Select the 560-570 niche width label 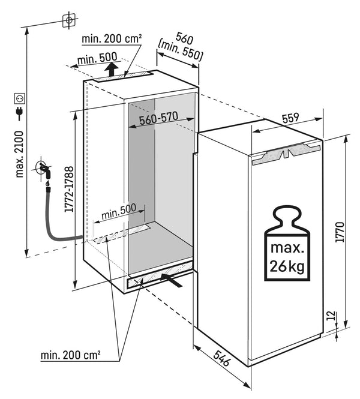point(159,119)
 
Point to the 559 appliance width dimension point(290,119)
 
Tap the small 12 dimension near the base point(340,316)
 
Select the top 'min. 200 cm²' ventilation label point(112,38)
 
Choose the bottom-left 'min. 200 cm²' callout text point(71,355)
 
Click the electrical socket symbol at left point(20,97)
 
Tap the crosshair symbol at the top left point(69,20)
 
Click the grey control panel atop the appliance point(284,155)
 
